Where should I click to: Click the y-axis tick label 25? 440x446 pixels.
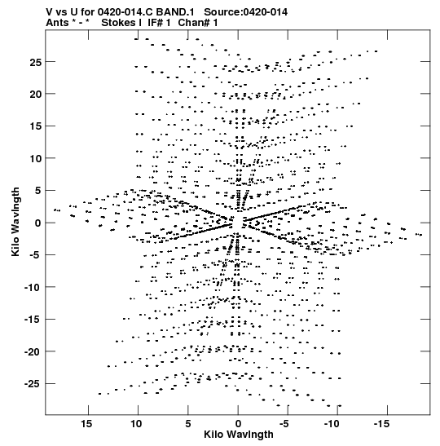36,62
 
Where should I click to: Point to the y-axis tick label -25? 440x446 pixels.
33,384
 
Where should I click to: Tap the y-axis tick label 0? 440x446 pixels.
38,223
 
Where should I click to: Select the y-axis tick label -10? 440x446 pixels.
33,287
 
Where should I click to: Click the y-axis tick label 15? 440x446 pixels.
36,126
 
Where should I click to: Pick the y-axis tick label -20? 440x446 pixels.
33,352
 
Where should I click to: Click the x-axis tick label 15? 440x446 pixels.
86,424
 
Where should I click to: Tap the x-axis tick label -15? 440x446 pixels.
381,424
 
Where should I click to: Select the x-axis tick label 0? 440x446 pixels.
238,424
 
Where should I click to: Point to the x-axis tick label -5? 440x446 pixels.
284,424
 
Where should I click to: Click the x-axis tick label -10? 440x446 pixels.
332,424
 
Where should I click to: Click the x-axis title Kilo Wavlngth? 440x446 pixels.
239,435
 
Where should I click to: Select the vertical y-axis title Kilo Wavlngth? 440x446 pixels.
15,222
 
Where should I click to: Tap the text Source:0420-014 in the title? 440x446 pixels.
245,12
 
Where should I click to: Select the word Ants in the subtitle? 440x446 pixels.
57,23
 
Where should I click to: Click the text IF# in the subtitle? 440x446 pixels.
155,23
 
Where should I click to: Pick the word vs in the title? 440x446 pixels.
59,12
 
